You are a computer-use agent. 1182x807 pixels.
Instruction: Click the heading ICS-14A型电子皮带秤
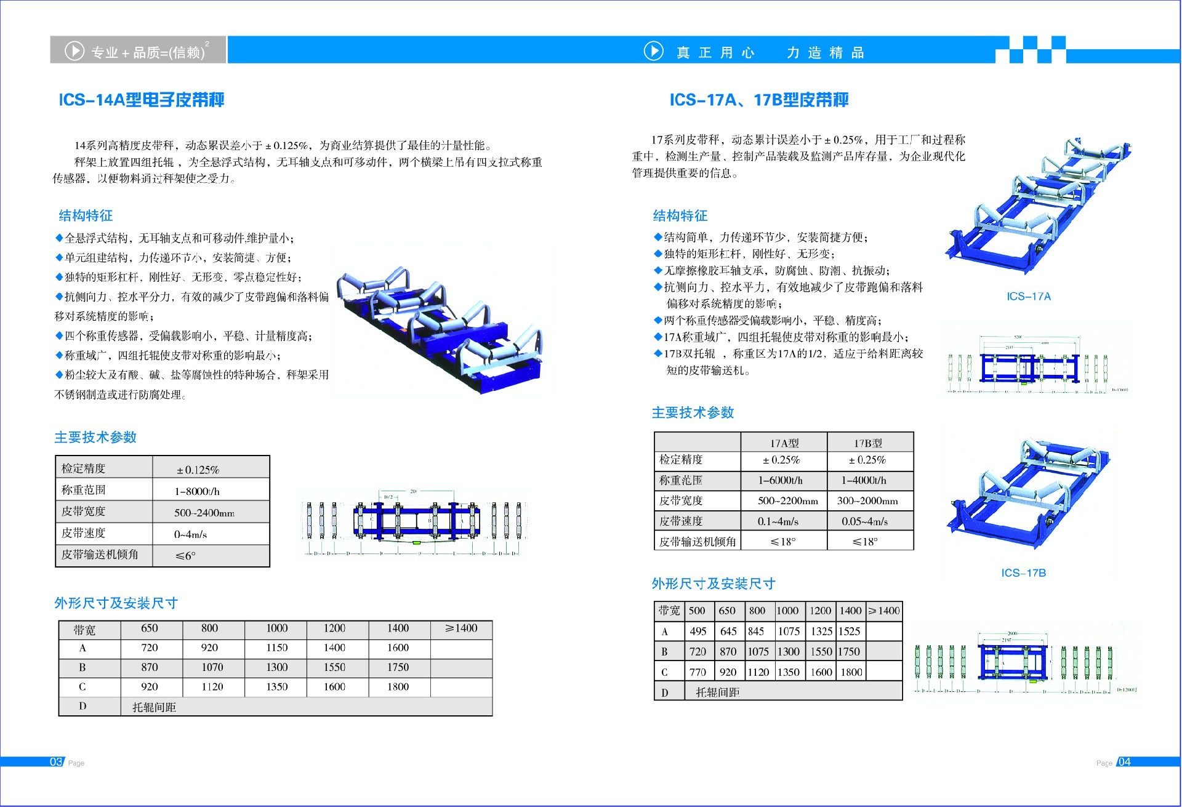141,100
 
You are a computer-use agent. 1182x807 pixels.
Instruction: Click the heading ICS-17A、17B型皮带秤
758,100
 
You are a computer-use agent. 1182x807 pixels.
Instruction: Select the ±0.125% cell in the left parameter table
198,470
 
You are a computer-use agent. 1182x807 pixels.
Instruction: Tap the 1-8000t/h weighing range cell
197,491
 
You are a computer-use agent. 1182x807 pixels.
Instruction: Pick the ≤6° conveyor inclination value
185,556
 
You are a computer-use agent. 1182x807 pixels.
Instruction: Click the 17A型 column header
784,443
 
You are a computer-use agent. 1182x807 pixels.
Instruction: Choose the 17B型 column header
867,443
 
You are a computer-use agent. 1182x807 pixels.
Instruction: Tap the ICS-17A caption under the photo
1028,297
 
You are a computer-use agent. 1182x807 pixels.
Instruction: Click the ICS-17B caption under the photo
1023,573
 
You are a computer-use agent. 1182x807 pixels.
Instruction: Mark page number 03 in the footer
56,762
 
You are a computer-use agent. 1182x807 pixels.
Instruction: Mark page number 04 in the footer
1124,762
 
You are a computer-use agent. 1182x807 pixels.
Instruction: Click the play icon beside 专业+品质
74,50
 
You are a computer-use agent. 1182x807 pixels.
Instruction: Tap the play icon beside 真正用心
653,50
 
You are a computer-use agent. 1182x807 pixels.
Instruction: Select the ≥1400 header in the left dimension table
461,628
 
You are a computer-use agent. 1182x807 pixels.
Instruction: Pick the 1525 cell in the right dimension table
850,632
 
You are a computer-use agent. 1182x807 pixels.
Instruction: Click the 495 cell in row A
698,632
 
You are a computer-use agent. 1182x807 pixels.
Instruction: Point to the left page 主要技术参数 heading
95,438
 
